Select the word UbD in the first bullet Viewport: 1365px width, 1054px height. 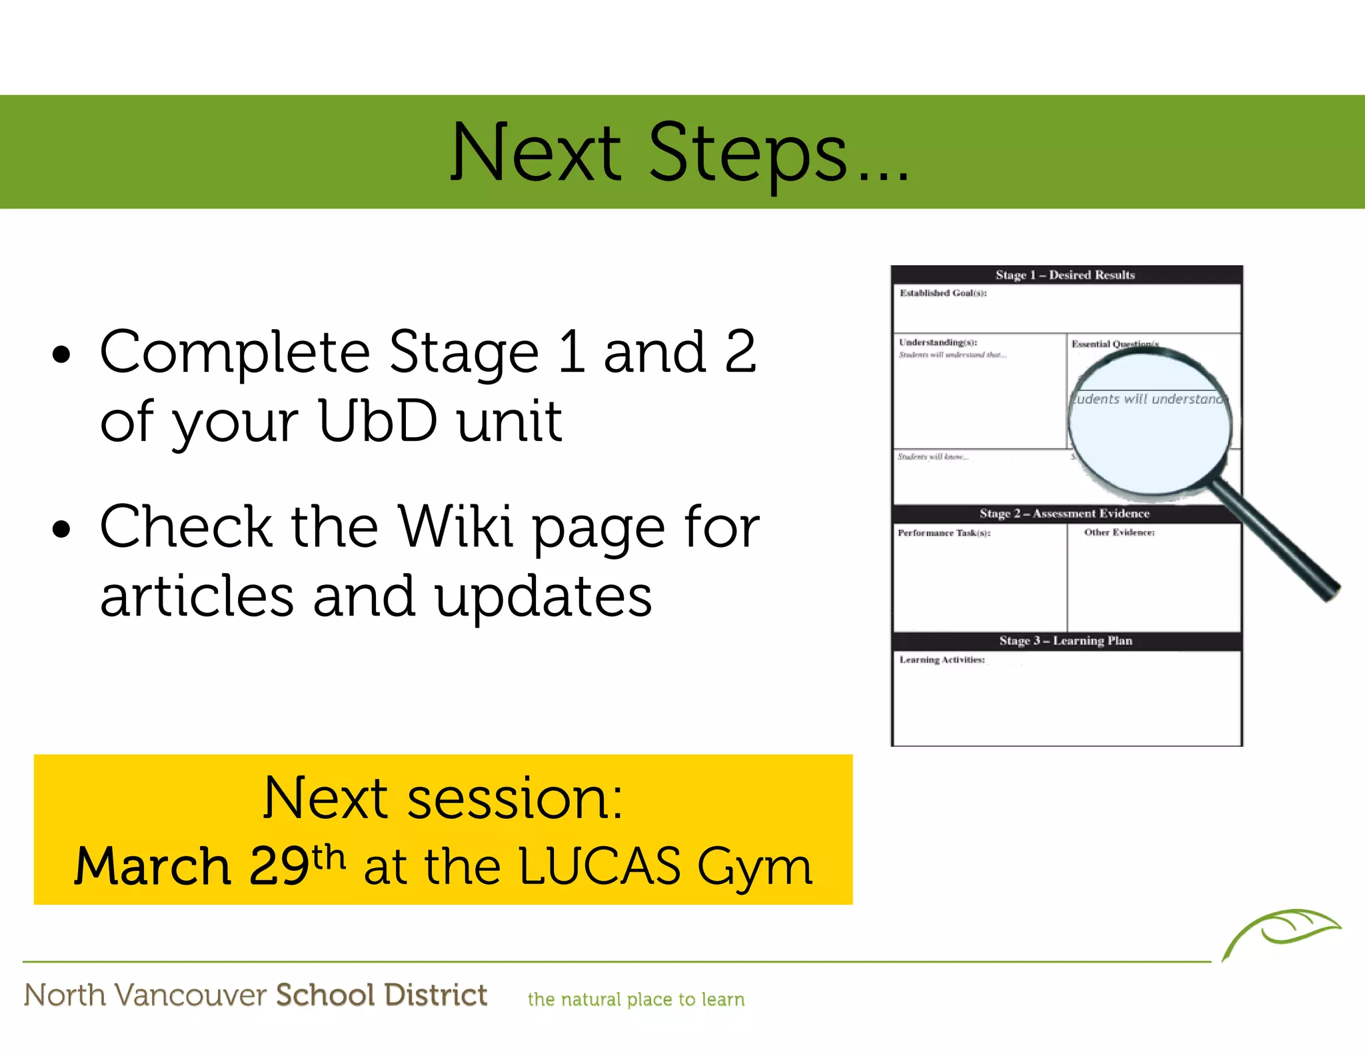(x=378, y=421)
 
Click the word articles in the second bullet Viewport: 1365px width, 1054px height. (x=197, y=596)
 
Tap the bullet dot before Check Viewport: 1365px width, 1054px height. (x=61, y=530)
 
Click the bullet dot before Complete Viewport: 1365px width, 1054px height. (x=61, y=355)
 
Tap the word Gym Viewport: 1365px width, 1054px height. (x=754, y=868)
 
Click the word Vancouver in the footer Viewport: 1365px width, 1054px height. (x=191, y=995)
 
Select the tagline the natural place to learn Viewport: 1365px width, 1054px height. (x=636, y=999)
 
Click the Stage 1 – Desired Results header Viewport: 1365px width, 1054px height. (x=1065, y=274)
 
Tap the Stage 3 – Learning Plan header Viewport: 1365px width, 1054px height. (x=1065, y=641)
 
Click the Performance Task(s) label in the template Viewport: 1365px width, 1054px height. (x=944, y=533)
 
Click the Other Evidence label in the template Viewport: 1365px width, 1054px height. (x=1119, y=532)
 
